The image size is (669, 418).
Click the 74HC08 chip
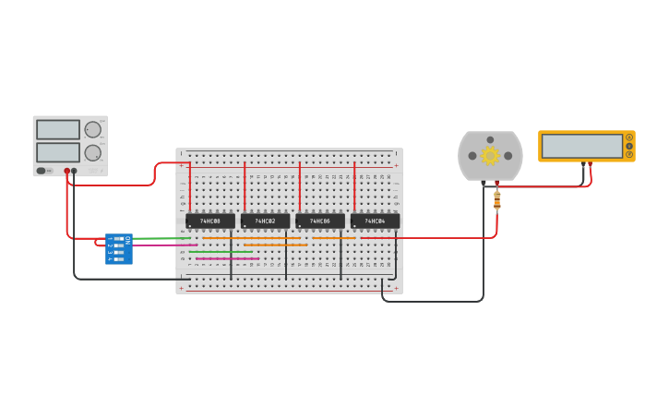[210, 221]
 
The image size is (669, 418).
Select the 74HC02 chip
[265, 221]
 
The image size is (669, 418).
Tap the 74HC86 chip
[320, 221]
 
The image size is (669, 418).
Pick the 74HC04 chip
[375, 221]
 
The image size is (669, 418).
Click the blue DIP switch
[118, 249]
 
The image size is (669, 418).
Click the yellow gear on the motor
[490, 156]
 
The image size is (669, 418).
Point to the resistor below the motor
[497, 200]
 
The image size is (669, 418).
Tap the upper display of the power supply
[58, 129]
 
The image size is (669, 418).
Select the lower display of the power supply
[58, 151]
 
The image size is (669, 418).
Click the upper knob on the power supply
[93, 129]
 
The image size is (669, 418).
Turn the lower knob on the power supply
[93, 152]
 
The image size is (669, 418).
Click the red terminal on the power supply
[66, 171]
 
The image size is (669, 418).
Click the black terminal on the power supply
[75, 171]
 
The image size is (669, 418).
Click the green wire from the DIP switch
[161, 238]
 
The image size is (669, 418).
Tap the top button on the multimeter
[629, 137]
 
